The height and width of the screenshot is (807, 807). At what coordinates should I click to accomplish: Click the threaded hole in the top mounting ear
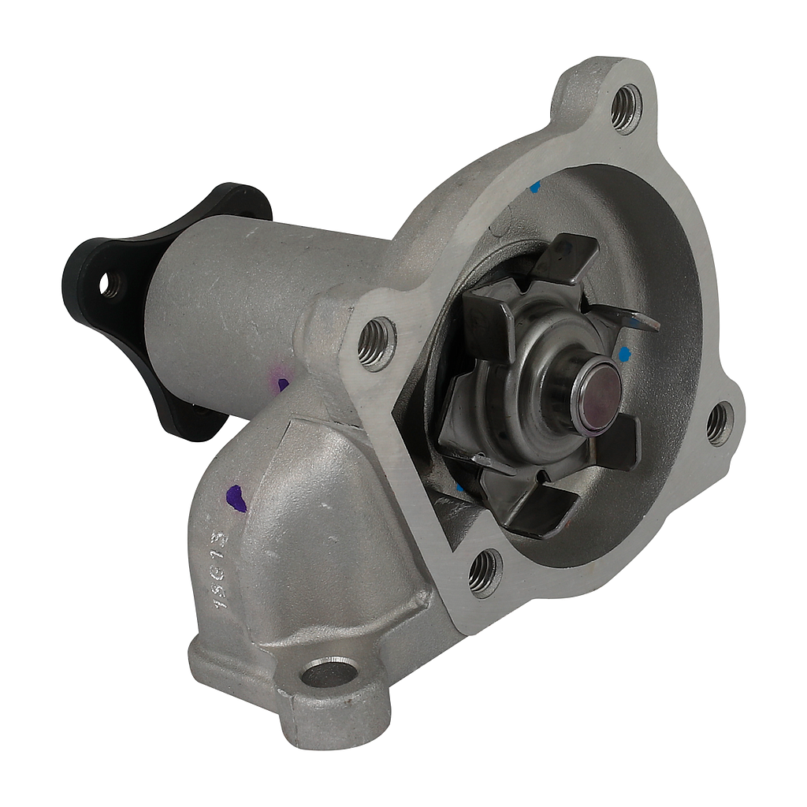pyautogui.click(x=627, y=108)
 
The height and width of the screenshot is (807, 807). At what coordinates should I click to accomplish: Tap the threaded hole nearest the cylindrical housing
pyautogui.click(x=376, y=343)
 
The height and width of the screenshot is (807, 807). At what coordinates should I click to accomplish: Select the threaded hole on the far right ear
pyautogui.click(x=718, y=423)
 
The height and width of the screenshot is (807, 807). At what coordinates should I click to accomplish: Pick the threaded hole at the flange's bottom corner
pyautogui.click(x=484, y=571)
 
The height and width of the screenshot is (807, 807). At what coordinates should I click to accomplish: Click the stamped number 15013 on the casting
pyautogui.click(x=220, y=569)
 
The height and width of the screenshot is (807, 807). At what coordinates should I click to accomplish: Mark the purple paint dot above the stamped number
pyautogui.click(x=235, y=498)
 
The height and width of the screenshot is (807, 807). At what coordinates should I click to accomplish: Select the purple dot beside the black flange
pyautogui.click(x=282, y=384)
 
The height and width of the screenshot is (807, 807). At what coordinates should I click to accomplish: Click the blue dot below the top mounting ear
pyautogui.click(x=535, y=187)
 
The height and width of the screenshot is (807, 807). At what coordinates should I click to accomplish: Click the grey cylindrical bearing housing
pyautogui.click(x=236, y=307)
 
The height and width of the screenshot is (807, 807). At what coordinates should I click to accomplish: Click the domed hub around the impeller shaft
pyautogui.click(x=544, y=378)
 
